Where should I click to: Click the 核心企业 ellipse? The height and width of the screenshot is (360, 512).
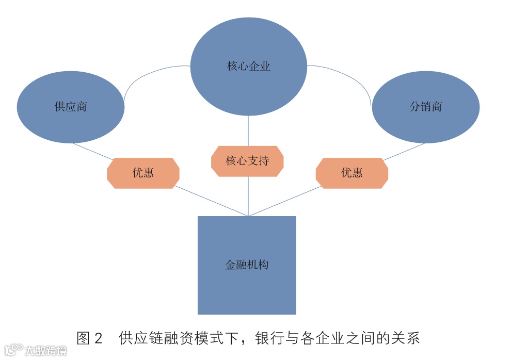[x=248, y=46]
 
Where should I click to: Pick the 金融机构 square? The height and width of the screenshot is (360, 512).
[x=247, y=289]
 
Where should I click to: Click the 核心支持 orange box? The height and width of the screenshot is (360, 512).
[x=248, y=161]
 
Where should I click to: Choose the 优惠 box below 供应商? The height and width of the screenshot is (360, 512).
[x=143, y=173]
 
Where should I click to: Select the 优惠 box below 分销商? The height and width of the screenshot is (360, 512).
[x=351, y=173]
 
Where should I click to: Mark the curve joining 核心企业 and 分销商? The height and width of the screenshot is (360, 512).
[x=351, y=75]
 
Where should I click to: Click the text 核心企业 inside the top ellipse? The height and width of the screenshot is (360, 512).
[x=248, y=66]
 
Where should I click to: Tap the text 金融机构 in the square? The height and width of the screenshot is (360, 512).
[x=247, y=265]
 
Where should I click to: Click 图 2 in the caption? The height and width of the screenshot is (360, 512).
[x=89, y=338]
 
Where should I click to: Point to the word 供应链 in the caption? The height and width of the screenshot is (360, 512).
[x=139, y=338]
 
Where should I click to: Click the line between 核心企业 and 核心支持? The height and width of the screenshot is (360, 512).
[x=248, y=131]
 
